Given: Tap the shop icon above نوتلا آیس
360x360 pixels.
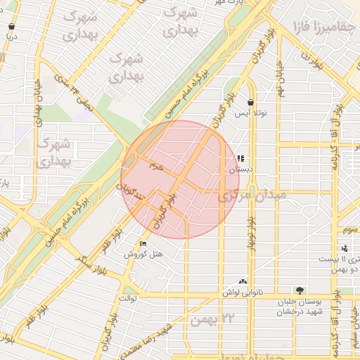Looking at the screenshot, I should tap(251, 102).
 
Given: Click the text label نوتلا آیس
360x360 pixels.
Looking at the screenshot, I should tap(251, 113).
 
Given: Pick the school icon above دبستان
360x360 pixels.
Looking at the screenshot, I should tap(241, 159).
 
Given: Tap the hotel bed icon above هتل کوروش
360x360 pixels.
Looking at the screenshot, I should tap(143, 243).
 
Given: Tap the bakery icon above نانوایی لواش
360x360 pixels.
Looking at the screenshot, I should tap(243, 280).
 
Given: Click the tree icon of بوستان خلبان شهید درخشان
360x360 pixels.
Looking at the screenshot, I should tap(300, 290).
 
